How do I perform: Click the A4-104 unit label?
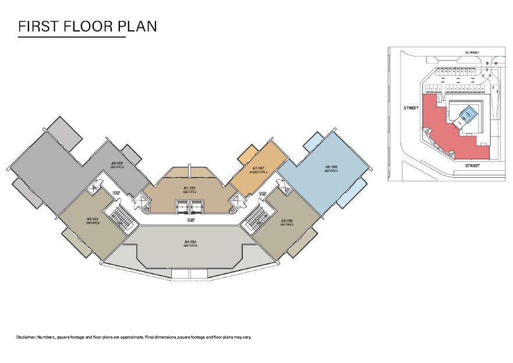(189, 241)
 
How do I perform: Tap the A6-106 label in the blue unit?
(331, 167)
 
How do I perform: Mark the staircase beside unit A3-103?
(120, 218)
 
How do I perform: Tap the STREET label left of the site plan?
(411, 108)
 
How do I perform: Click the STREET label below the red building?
(472, 166)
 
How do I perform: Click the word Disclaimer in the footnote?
(26, 337)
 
